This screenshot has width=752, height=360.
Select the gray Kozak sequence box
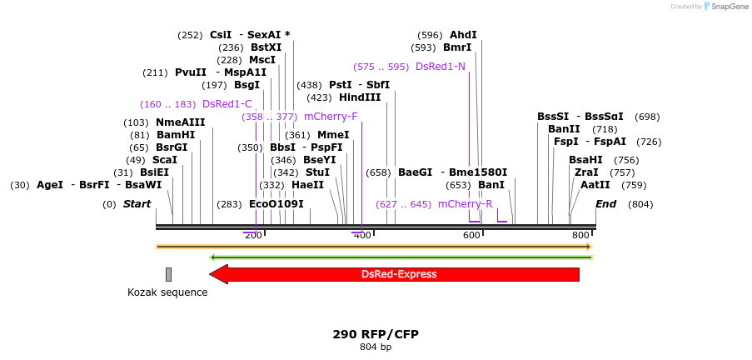[x=168, y=274]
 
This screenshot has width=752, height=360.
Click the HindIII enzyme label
[x=360, y=97]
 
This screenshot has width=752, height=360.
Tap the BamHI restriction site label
[x=176, y=135]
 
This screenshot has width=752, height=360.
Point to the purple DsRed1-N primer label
[x=441, y=67]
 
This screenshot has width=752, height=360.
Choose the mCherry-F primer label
[x=331, y=117]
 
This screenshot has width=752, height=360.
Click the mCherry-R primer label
[x=465, y=204]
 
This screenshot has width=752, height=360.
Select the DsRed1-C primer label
[x=227, y=104]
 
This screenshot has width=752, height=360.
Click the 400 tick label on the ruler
[x=362, y=236]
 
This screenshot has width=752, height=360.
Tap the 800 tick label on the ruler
[x=580, y=236]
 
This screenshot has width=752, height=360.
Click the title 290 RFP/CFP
[x=376, y=334]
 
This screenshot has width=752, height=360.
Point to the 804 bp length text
[x=376, y=347]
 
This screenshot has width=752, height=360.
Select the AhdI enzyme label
[x=463, y=35]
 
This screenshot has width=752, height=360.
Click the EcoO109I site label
[x=276, y=204]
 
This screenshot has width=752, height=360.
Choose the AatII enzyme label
[x=595, y=185]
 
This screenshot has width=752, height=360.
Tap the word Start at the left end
[x=137, y=204]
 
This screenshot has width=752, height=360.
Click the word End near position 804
[x=606, y=204]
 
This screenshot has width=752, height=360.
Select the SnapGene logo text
[x=730, y=7]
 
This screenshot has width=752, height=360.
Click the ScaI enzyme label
[x=165, y=160]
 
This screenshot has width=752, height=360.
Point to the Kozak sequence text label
[x=167, y=292]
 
